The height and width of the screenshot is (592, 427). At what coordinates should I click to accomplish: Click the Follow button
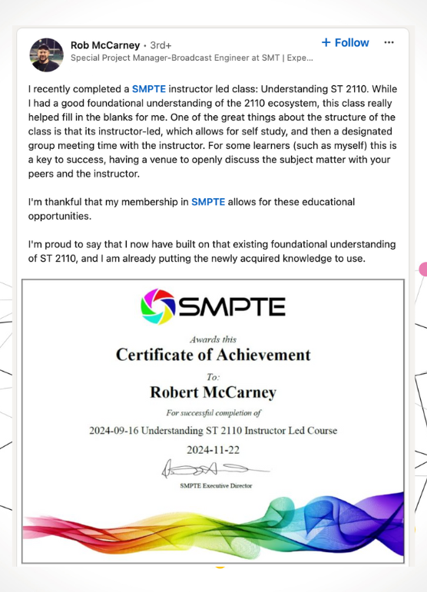(345, 43)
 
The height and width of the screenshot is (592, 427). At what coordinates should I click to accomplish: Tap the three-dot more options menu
(389, 43)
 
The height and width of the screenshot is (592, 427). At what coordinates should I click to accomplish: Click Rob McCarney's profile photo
(46, 54)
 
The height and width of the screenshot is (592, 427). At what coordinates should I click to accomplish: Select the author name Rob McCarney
(105, 45)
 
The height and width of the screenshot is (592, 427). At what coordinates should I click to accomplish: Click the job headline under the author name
(191, 58)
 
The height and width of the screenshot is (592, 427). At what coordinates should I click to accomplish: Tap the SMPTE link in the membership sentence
(208, 202)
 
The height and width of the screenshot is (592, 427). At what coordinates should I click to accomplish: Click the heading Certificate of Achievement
(213, 355)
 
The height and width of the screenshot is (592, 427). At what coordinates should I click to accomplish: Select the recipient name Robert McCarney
(213, 392)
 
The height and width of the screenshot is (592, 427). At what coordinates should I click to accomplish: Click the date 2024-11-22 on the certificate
(213, 450)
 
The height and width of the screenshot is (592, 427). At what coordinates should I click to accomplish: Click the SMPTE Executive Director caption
(215, 486)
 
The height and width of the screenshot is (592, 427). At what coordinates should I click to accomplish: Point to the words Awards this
(213, 339)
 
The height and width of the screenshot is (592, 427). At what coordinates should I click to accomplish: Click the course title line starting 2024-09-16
(213, 430)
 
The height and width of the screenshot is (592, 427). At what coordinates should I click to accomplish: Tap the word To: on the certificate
(213, 377)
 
